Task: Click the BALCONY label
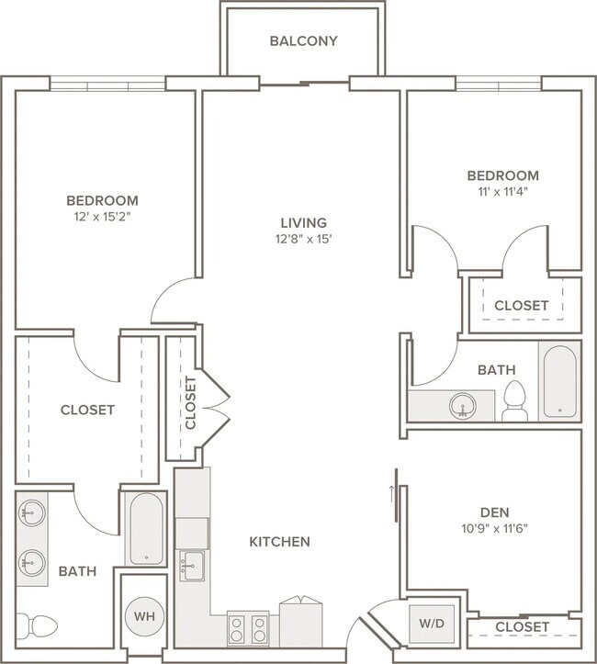pos(304,41)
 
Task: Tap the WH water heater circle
pos(144,616)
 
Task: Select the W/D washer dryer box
pos(432,623)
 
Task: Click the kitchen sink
pos(193,566)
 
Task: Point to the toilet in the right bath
pos(514,400)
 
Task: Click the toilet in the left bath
pos(37,625)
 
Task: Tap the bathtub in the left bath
pos(147,529)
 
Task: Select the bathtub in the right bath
pos(559,381)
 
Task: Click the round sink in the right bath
pos(462,406)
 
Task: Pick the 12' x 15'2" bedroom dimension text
pos(102,218)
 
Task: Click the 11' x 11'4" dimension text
pos(503,192)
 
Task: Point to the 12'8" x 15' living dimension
pos(304,240)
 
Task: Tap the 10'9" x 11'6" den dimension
pos(494,528)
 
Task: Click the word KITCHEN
pos(279,542)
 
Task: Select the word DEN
pos(494,512)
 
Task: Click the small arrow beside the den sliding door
pos(391,494)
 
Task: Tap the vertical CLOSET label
pos(190,403)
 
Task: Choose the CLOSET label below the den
pos(522,626)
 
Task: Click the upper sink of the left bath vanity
pos(32,512)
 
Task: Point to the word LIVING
pos(304,223)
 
